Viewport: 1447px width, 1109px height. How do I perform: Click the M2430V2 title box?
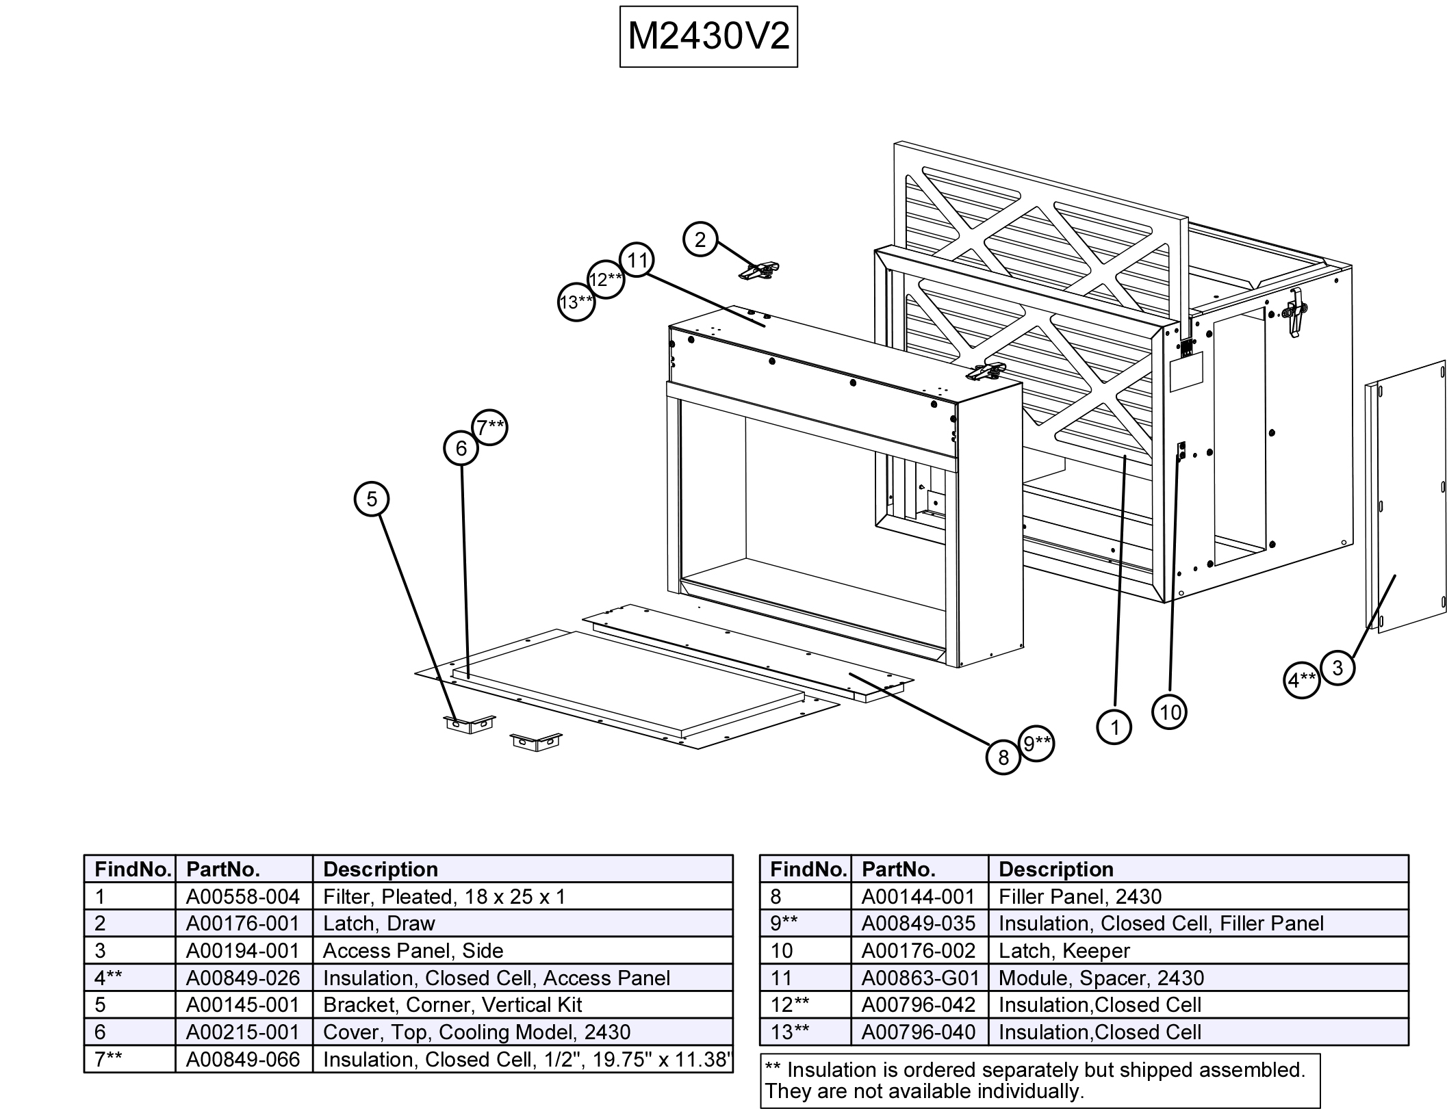pyautogui.click(x=708, y=36)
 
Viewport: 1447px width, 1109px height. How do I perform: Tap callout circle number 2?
pyautogui.click(x=700, y=239)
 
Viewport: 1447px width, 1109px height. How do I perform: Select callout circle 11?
pyautogui.click(x=637, y=260)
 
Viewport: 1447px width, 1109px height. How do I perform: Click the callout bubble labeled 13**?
pyautogui.click(x=576, y=302)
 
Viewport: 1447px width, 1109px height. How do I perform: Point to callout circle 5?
pyautogui.click(x=371, y=499)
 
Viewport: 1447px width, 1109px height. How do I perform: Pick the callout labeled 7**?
pyautogui.click(x=490, y=428)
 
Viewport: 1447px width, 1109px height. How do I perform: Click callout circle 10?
pyautogui.click(x=1169, y=712)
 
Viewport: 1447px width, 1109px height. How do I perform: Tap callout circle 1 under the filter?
pyautogui.click(x=1114, y=727)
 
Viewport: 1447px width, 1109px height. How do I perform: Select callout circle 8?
pyautogui.click(x=1003, y=757)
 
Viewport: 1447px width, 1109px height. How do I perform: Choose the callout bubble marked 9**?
pyautogui.click(x=1036, y=743)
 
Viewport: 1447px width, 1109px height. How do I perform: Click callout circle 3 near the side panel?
pyautogui.click(x=1337, y=667)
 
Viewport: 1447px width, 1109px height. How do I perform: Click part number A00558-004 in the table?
pyautogui.click(x=243, y=896)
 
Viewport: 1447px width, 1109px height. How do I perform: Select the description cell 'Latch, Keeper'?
pyautogui.click(x=1064, y=950)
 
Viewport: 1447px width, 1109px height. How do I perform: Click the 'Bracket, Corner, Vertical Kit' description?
pyautogui.click(x=452, y=1004)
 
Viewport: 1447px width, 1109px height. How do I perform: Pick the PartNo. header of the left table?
pyautogui.click(x=223, y=869)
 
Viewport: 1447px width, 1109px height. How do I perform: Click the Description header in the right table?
pyautogui.click(x=1056, y=869)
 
